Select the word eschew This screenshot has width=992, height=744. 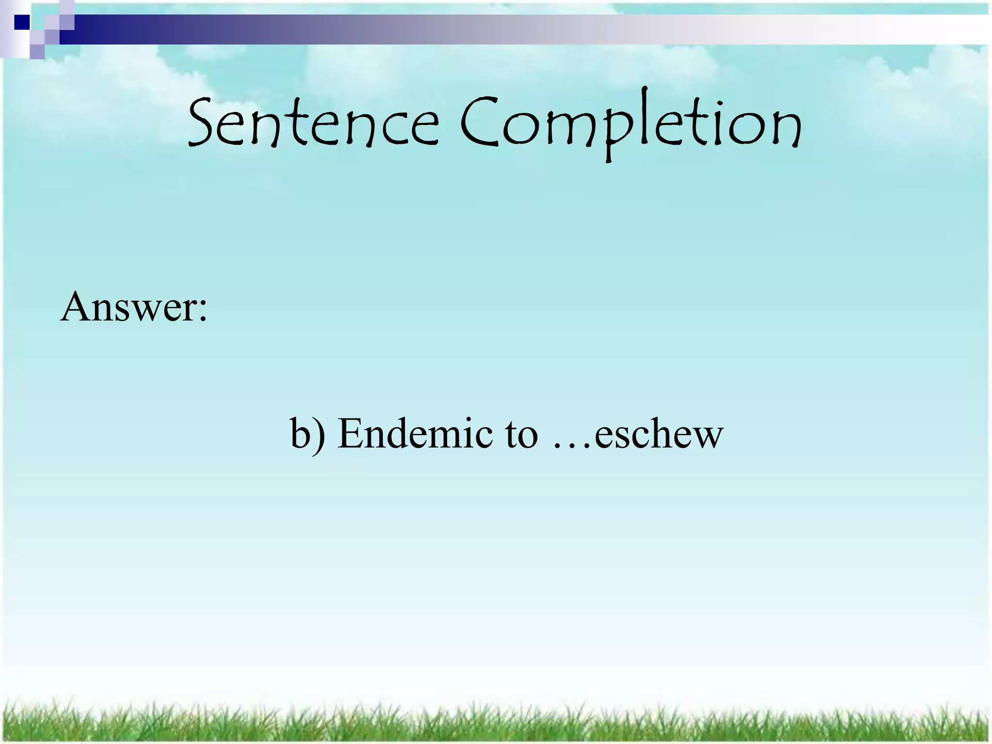[x=659, y=433]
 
